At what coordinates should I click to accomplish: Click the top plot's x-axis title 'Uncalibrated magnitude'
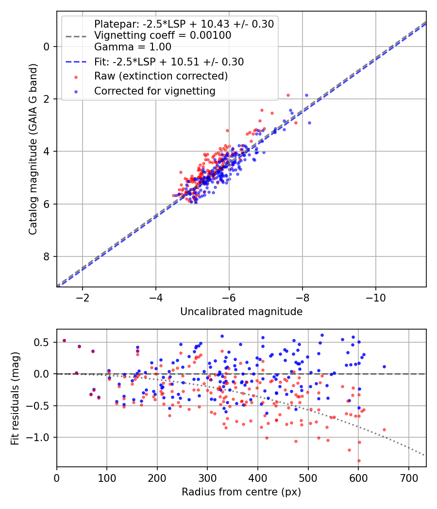tap(241, 312)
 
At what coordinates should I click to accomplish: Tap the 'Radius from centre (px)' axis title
tap(241, 492)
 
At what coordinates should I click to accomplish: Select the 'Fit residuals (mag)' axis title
tap(15, 398)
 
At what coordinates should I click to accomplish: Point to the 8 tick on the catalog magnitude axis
tap(47, 256)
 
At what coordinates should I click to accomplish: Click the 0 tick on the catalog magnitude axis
tap(47, 47)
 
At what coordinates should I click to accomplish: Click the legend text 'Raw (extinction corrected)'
tap(161, 76)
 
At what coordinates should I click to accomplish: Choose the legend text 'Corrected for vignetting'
tap(154, 91)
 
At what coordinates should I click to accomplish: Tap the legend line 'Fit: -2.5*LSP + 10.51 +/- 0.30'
tap(168, 62)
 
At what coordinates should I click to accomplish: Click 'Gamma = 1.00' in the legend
tap(133, 48)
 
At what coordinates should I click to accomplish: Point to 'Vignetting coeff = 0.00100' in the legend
tap(163, 35)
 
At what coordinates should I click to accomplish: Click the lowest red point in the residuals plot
tap(359, 461)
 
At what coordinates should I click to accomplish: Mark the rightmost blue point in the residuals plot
tap(384, 366)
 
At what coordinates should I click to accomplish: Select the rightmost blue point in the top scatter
tap(309, 123)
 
